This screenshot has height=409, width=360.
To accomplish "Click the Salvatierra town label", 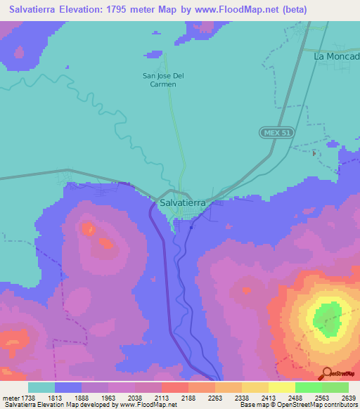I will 183,202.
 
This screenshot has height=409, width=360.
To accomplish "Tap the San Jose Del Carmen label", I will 159,79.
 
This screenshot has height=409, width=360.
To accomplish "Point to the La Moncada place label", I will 337,56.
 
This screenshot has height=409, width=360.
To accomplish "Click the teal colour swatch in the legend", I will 41,387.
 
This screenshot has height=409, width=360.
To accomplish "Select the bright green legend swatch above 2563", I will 309,387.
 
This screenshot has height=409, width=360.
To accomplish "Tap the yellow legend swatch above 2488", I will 282,387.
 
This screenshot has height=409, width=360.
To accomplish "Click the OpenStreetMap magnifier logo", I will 328,372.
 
